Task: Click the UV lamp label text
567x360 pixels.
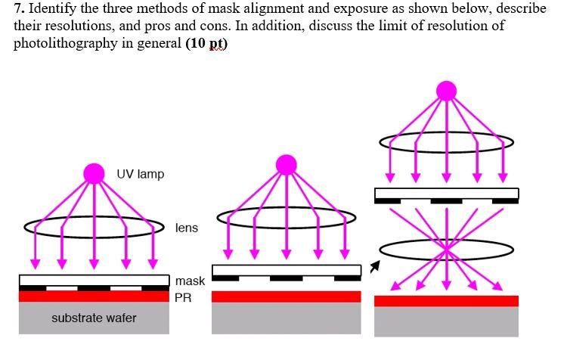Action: pos(140,174)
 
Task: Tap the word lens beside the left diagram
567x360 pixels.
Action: pos(186,228)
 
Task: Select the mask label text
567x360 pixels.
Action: pos(190,281)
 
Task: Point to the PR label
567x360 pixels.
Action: pos(183,298)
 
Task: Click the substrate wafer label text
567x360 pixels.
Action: pos(94,318)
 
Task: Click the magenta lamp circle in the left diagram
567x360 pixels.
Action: pos(94,173)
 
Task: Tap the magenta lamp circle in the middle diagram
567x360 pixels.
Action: pos(287,164)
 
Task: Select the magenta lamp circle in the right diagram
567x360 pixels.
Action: pos(447,92)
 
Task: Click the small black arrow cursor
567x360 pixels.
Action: pos(373,267)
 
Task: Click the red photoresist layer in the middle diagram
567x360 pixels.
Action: pos(286,296)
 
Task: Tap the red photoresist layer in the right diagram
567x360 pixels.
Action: pos(446,301)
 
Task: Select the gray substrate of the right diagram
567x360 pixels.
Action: pos(446,321)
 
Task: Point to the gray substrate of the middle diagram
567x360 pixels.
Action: pos(286,318)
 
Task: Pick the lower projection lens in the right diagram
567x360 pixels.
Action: pos(447,249)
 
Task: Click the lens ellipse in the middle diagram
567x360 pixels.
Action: pos(287,218)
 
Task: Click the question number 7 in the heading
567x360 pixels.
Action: pos(18,9)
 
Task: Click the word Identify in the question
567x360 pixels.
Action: pos(54,9)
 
